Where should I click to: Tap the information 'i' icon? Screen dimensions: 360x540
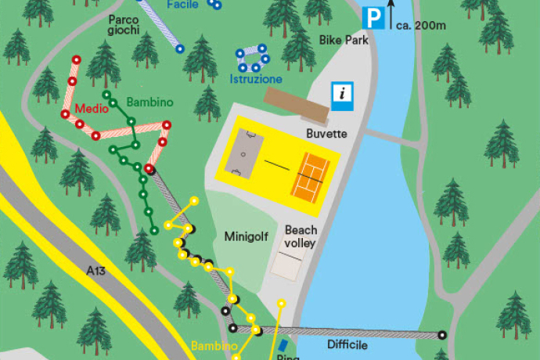coord(342,93)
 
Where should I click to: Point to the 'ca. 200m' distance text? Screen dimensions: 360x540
coord(420,25)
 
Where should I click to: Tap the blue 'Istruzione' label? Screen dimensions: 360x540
coord(256,79)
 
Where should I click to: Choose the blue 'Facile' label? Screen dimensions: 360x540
coord(183,5)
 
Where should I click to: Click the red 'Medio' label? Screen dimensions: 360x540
coord(90,109)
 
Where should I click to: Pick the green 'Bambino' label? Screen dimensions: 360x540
coord(149,103)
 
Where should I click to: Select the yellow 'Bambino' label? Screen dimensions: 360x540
coord(214,345)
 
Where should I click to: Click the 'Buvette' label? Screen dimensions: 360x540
coord(326,134)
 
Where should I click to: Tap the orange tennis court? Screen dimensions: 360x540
coord(313,175)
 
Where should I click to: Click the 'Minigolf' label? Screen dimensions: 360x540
coord(247,236)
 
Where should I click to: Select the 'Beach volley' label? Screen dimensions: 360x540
coord(301,237)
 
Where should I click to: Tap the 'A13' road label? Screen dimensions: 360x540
coord(95,272)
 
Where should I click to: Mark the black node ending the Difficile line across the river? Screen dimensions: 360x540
coord(442,335)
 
